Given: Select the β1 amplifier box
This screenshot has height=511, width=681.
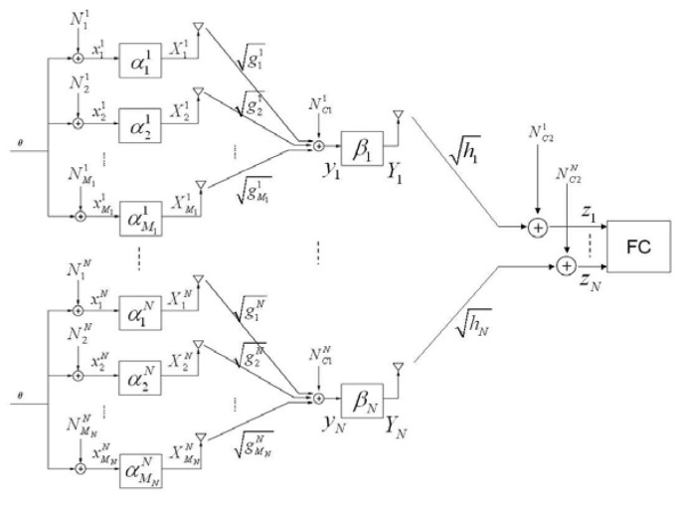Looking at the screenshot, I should tap(360, 157).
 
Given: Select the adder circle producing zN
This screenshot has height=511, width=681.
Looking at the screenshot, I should tap(566, 264).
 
